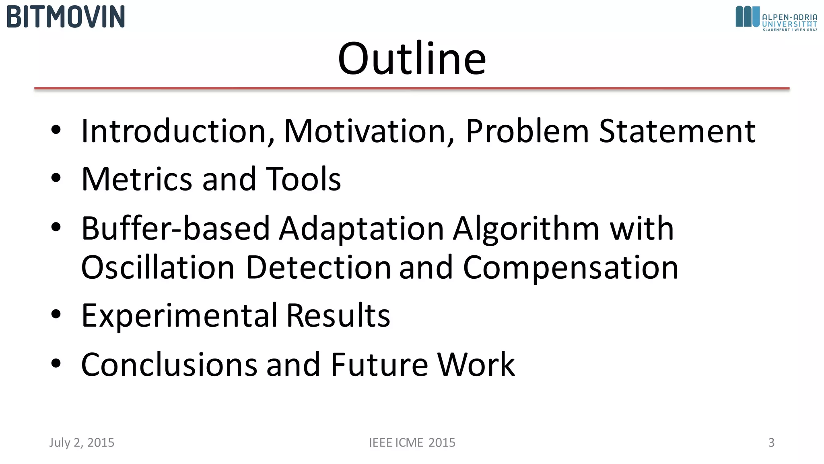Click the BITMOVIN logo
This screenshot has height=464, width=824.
click(x=66, y=17)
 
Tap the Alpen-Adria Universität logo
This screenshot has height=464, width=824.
click(x=776, y=19)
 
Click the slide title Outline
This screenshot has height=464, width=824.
click(x=412, y=58)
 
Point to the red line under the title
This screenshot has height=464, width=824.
click(x=412, y=88)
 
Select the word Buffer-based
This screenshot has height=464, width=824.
click(x=175, y=228)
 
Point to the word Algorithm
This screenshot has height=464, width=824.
click(x=527, y=228)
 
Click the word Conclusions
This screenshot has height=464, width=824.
click(x=169, y=365)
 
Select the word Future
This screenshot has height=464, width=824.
click(x=379, y=365)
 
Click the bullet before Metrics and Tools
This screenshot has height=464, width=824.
click(x=56, y=178)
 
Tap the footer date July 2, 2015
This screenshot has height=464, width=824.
click(x=82, y=443)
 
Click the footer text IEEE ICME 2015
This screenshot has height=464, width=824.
click(x=412, y=443)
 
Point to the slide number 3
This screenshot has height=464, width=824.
click(x=771, y=443)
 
